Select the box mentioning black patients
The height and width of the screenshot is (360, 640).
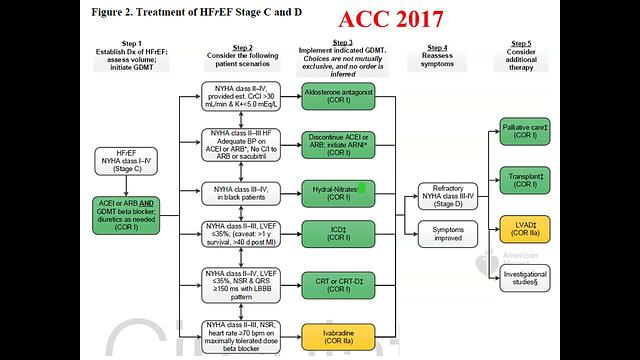click(x=241, y=191)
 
